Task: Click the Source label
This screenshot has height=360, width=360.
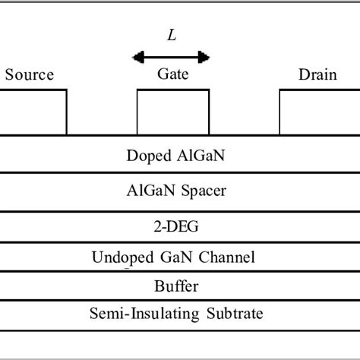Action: (30, 75)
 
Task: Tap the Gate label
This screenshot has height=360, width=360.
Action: (172, 75)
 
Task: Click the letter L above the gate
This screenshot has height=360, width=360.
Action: (171, 34)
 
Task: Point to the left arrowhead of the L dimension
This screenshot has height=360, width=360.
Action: (137, 56)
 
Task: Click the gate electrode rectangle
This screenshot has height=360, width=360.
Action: (172, 112)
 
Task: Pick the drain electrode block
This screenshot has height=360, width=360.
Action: (319, 112)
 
